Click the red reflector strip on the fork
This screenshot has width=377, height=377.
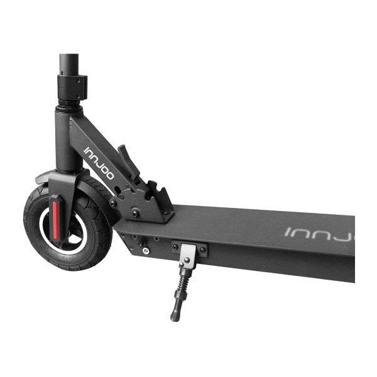pyautogui.click(x=55, y=220)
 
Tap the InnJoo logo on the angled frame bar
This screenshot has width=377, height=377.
pyautogui.click(x=99, y=163)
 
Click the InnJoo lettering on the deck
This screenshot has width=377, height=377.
pyautogui.click(x=319, y=234)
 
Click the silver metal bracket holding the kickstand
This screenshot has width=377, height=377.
pyautogui.click(x=188, y=255)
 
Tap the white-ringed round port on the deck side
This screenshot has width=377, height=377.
pyautogui.click(x=146, y=251)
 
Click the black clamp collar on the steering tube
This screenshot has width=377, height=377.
pyautogui.click(x=72, y=87)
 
